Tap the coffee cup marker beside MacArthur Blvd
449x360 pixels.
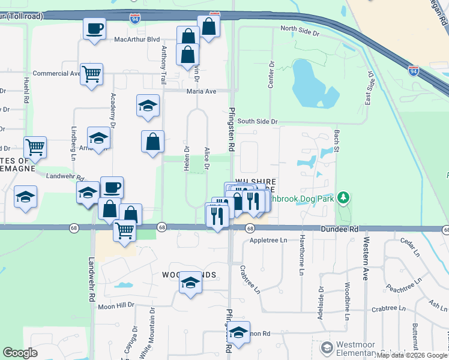pyautogui.click(x=94, y=29)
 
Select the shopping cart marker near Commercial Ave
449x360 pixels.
pyautogui.click(x=91, y=74)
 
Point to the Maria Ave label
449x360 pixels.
pyautogui.click(x=201, y=91)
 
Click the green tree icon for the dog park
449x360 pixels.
pyautogui.click(x=343, y=197)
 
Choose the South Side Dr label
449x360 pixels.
pyautogui.click(x=258, y=121)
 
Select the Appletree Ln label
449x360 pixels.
pyautogui.click(x=268, y=240)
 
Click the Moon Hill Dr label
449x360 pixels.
pyautogui.click(x=116, y=306)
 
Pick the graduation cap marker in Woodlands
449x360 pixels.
pyautogui.click(x=190, y=283)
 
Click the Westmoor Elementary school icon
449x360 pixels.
pyautogui.click(x=327, y=347)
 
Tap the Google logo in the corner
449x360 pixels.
pyautogui.click(x=20, y=353)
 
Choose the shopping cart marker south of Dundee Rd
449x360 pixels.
pyautogui.click(x=124, y=230)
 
